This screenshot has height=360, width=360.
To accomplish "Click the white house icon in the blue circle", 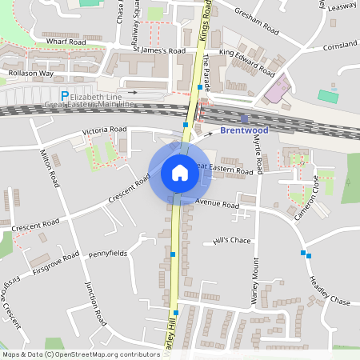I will pyautogui.click(x=179, y=173).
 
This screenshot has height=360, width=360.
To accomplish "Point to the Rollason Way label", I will pyautogui.click(x=30, y=74).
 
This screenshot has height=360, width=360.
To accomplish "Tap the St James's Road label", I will pyautogui.click(x=158, y=50).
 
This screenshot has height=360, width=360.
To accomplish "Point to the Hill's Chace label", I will pyautogui.click(x=232, y=240).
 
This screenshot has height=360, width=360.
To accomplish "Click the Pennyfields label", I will pyautogui.click(x=107, y=253).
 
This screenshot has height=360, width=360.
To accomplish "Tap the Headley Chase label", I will pyautogui.click(x=329, y=290).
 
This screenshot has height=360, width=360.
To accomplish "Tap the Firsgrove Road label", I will pyautogui.click(x=56, y=261).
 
